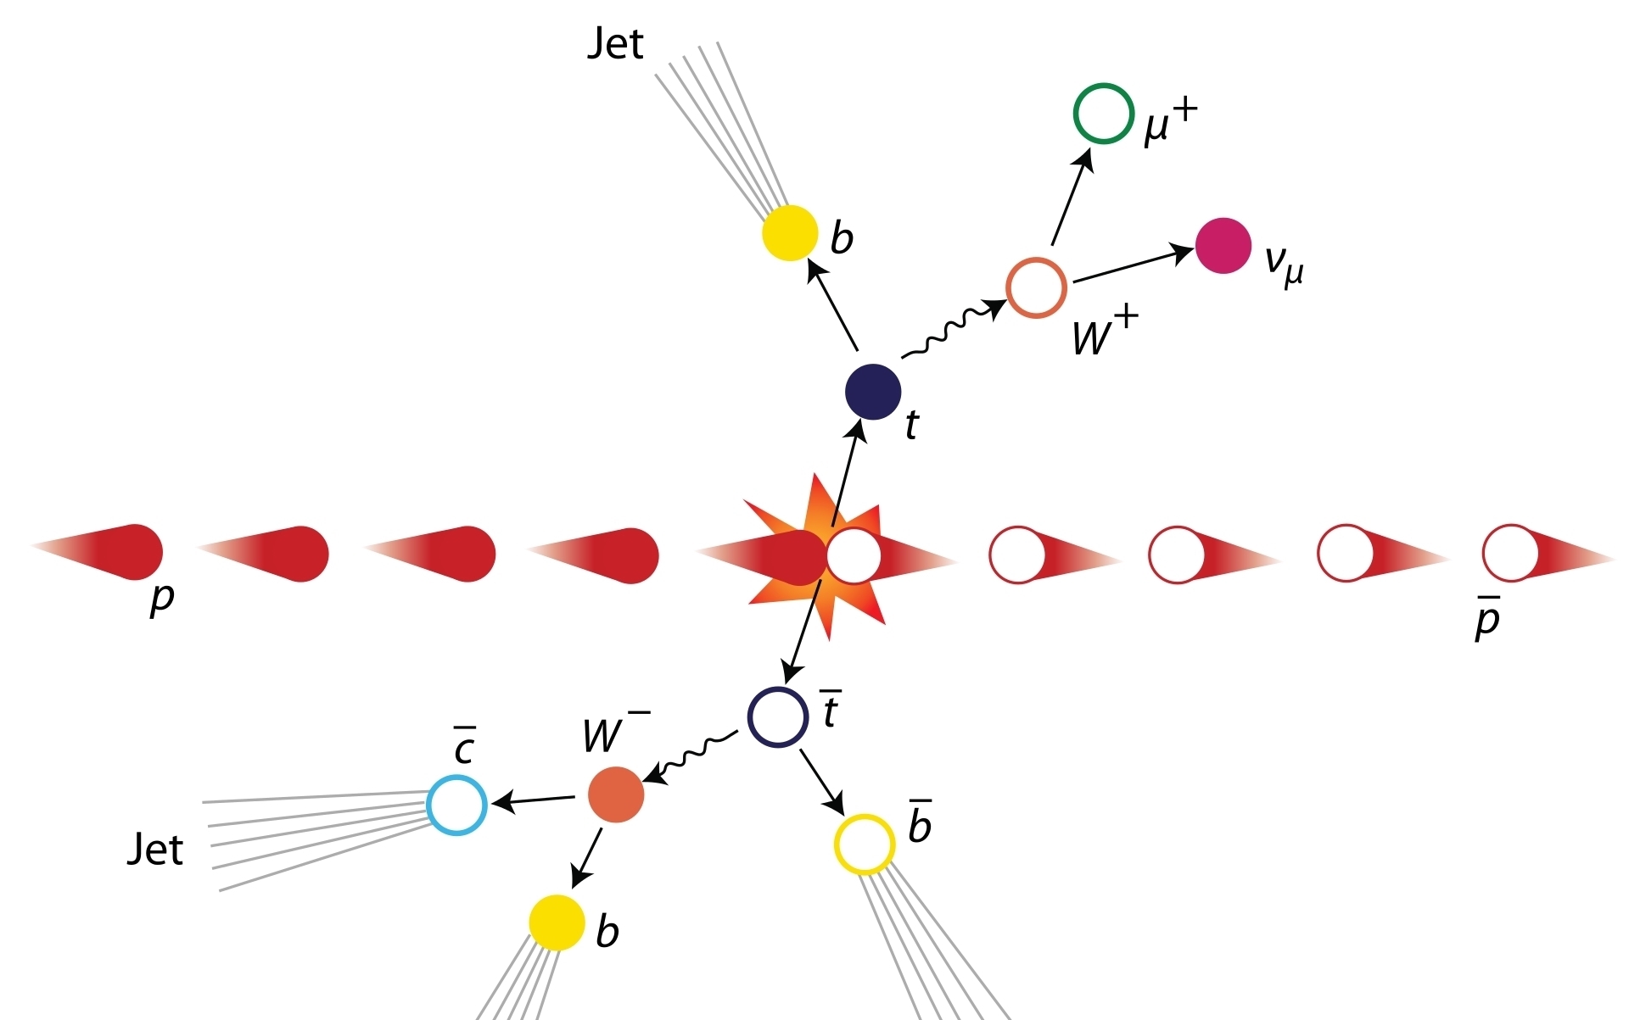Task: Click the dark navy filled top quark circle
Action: [873, 392]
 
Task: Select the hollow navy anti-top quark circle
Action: [777, 717]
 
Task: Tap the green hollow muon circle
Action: [1103, 114]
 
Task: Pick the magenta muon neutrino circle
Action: [1223, 246]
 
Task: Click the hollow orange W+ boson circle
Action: [1036, 288]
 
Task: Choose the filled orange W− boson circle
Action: [616, 794]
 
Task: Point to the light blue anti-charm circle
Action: [456, 805]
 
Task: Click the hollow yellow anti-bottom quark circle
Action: [865, 844]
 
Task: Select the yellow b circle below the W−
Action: [557, 922]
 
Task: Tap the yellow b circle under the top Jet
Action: [790, 232]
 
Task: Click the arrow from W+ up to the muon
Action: [1072, 198]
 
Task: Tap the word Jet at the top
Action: [615, 43]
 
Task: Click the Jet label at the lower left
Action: [154, 849]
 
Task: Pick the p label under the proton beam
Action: [161, 599]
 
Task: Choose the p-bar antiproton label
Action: [1487, 618]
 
